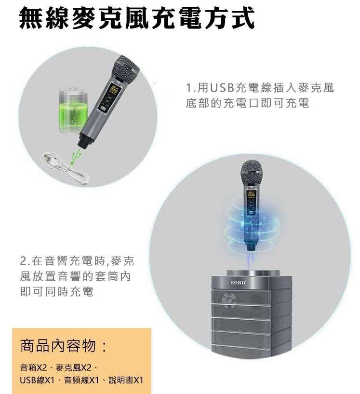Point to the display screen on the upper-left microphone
(115, 90)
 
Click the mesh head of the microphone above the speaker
(254, 168)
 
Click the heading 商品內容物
(62, 346)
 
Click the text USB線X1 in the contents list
(37, 380)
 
